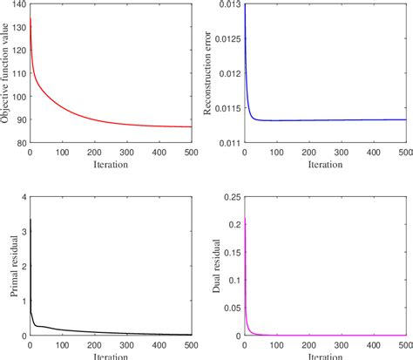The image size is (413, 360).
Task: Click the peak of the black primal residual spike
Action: pyautogui.click(x=30, y=220)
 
